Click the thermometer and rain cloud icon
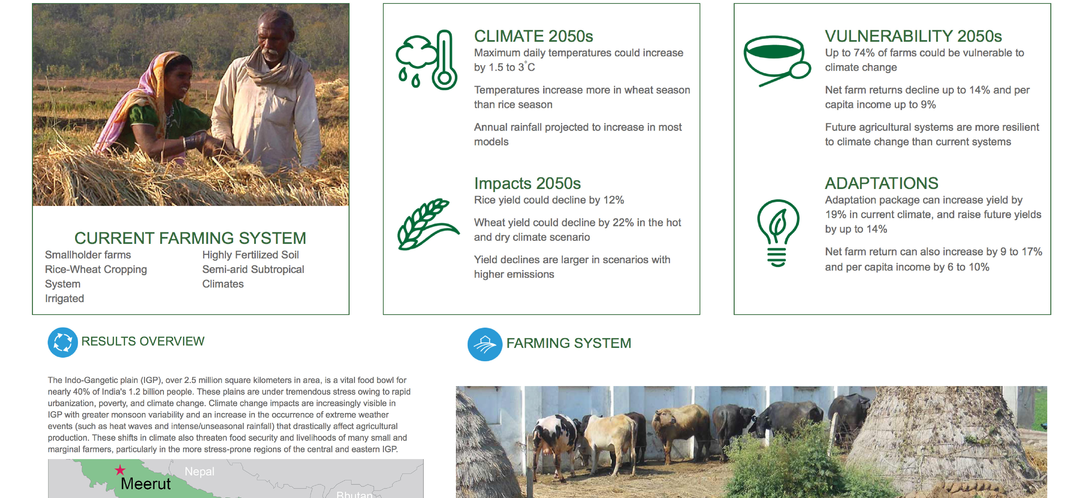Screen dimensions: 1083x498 (427, 60)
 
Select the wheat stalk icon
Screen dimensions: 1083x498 (428, 224)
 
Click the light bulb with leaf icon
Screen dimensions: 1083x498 (778, 233)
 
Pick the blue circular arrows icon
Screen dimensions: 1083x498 (63, 342)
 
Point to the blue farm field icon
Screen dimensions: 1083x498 (485, 344)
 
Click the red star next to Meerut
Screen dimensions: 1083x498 (120, 470)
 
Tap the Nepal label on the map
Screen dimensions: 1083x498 (199, 472)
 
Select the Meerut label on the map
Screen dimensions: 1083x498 (145, 484)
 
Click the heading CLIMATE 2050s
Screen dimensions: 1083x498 (533, 37)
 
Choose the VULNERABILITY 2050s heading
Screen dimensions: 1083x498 (913, 37)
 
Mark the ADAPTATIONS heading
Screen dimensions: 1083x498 (881, 183)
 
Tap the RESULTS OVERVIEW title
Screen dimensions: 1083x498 (143, 341)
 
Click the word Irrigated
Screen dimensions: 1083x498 (64, 299)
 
